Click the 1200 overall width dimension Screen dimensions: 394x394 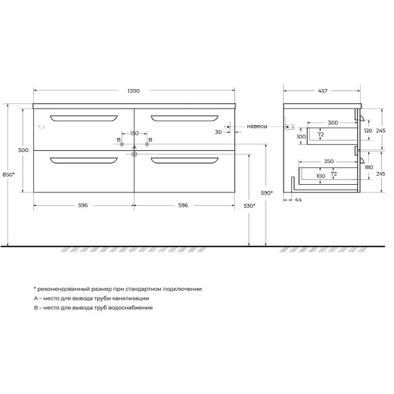click(133, 91)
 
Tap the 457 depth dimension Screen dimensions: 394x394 click(323, 91)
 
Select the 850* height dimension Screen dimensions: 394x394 click(9, 175)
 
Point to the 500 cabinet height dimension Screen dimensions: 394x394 click(23, 150)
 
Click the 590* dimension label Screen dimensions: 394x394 click(266, 193)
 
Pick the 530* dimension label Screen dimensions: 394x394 click(249, 206)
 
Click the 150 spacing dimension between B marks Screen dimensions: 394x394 click(135, 133)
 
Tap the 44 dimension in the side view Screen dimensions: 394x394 click(298, 200)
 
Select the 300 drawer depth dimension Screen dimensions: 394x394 click(333, 123)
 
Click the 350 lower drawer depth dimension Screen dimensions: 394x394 click(329, 161)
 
